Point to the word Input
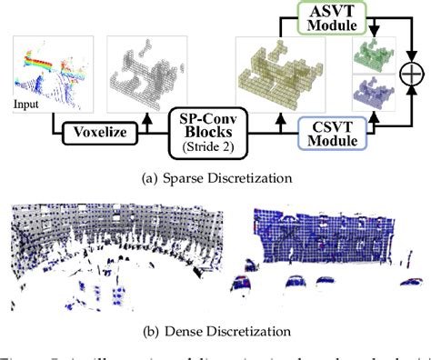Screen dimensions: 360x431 pyautogui.click(x=26, y=105)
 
